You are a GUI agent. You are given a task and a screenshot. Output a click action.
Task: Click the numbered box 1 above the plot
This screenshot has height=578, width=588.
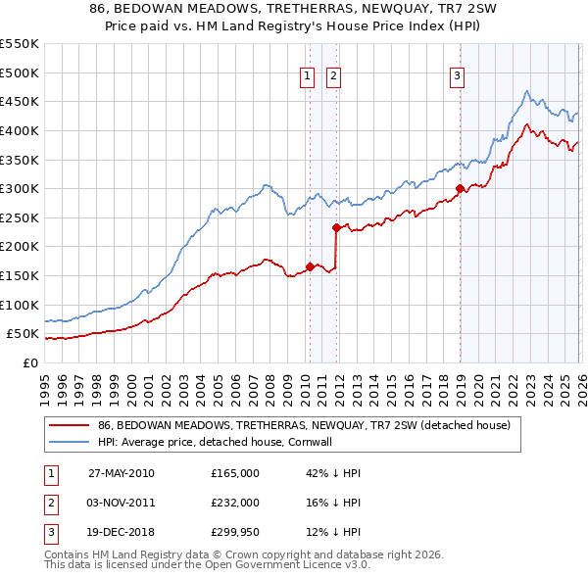click(x=308, y=75)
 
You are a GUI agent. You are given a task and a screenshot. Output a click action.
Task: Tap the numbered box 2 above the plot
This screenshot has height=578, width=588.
click(x=333, y=75)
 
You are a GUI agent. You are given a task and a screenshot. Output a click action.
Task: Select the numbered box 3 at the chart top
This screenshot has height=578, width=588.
click(x=458, y=75)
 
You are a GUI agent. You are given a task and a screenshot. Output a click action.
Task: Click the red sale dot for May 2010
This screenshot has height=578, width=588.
click(x=310, y=266)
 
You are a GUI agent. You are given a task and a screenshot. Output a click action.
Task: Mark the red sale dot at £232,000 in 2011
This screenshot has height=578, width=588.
click(x=335, y=227)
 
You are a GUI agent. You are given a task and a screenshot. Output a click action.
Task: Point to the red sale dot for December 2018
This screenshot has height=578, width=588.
click(x=459, y=188)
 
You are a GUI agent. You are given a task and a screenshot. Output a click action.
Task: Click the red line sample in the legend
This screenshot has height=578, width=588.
click(x=71, y=426)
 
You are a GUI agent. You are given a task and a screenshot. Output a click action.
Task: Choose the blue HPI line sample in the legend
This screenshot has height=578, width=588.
click(x=71, y=442)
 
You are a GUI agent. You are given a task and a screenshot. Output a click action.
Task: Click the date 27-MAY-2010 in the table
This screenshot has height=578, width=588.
click(x=121, y=473)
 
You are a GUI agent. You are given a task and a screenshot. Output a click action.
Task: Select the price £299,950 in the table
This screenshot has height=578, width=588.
click(x=235, y=534)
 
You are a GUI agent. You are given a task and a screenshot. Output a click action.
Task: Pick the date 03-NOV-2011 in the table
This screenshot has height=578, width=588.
click(x=121, y=504)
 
